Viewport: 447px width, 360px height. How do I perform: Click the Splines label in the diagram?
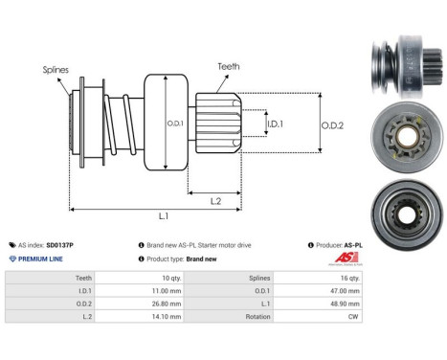click(x=55, y=70)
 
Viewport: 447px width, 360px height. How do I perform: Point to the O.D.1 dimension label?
click(x=175, y=124)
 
